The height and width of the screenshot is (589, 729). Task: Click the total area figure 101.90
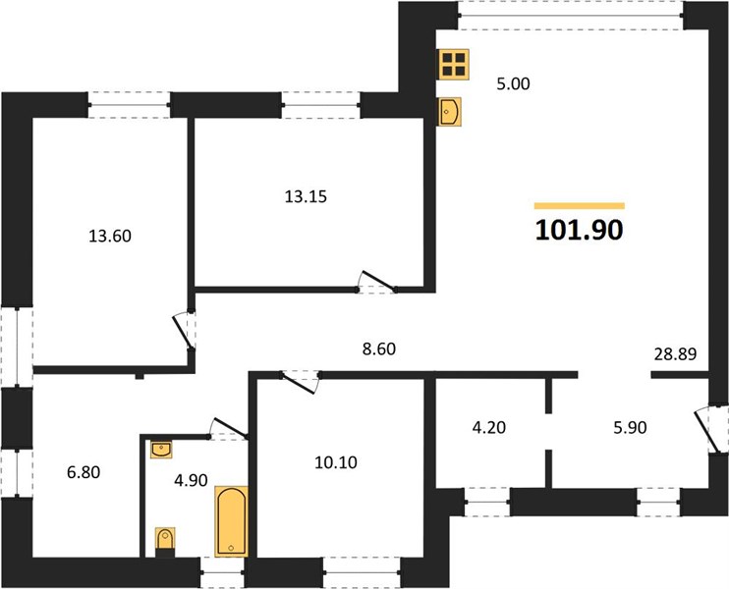tap(579, 230)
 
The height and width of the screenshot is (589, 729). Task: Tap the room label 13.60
tap(110, 236)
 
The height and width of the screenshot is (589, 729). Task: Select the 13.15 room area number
tap(306, 196)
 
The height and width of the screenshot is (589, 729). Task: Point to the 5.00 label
tap(513, 84)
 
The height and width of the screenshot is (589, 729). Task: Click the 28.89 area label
tap(675, 354)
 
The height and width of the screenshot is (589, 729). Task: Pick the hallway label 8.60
tap(379, 348)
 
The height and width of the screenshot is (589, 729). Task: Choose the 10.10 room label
tap(336, 462)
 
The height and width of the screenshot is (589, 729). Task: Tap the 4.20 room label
tap(489, 427)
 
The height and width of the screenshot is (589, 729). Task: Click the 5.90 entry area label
tap(630, 427)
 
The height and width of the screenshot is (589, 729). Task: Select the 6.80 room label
tap(84, 472)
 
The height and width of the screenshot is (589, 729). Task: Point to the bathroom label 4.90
tap(191, 480)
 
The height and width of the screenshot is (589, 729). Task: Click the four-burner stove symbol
tap(454, 65)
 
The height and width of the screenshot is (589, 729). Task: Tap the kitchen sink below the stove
tap(449, 112)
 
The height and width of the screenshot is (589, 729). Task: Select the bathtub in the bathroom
tap(231, 521)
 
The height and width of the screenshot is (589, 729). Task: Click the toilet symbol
tap(165, 540)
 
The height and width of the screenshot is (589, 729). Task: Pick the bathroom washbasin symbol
tap(161, 450)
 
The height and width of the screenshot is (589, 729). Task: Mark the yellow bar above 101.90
tap(580, 206)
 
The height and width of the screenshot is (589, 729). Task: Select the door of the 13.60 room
tap(184, 331)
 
